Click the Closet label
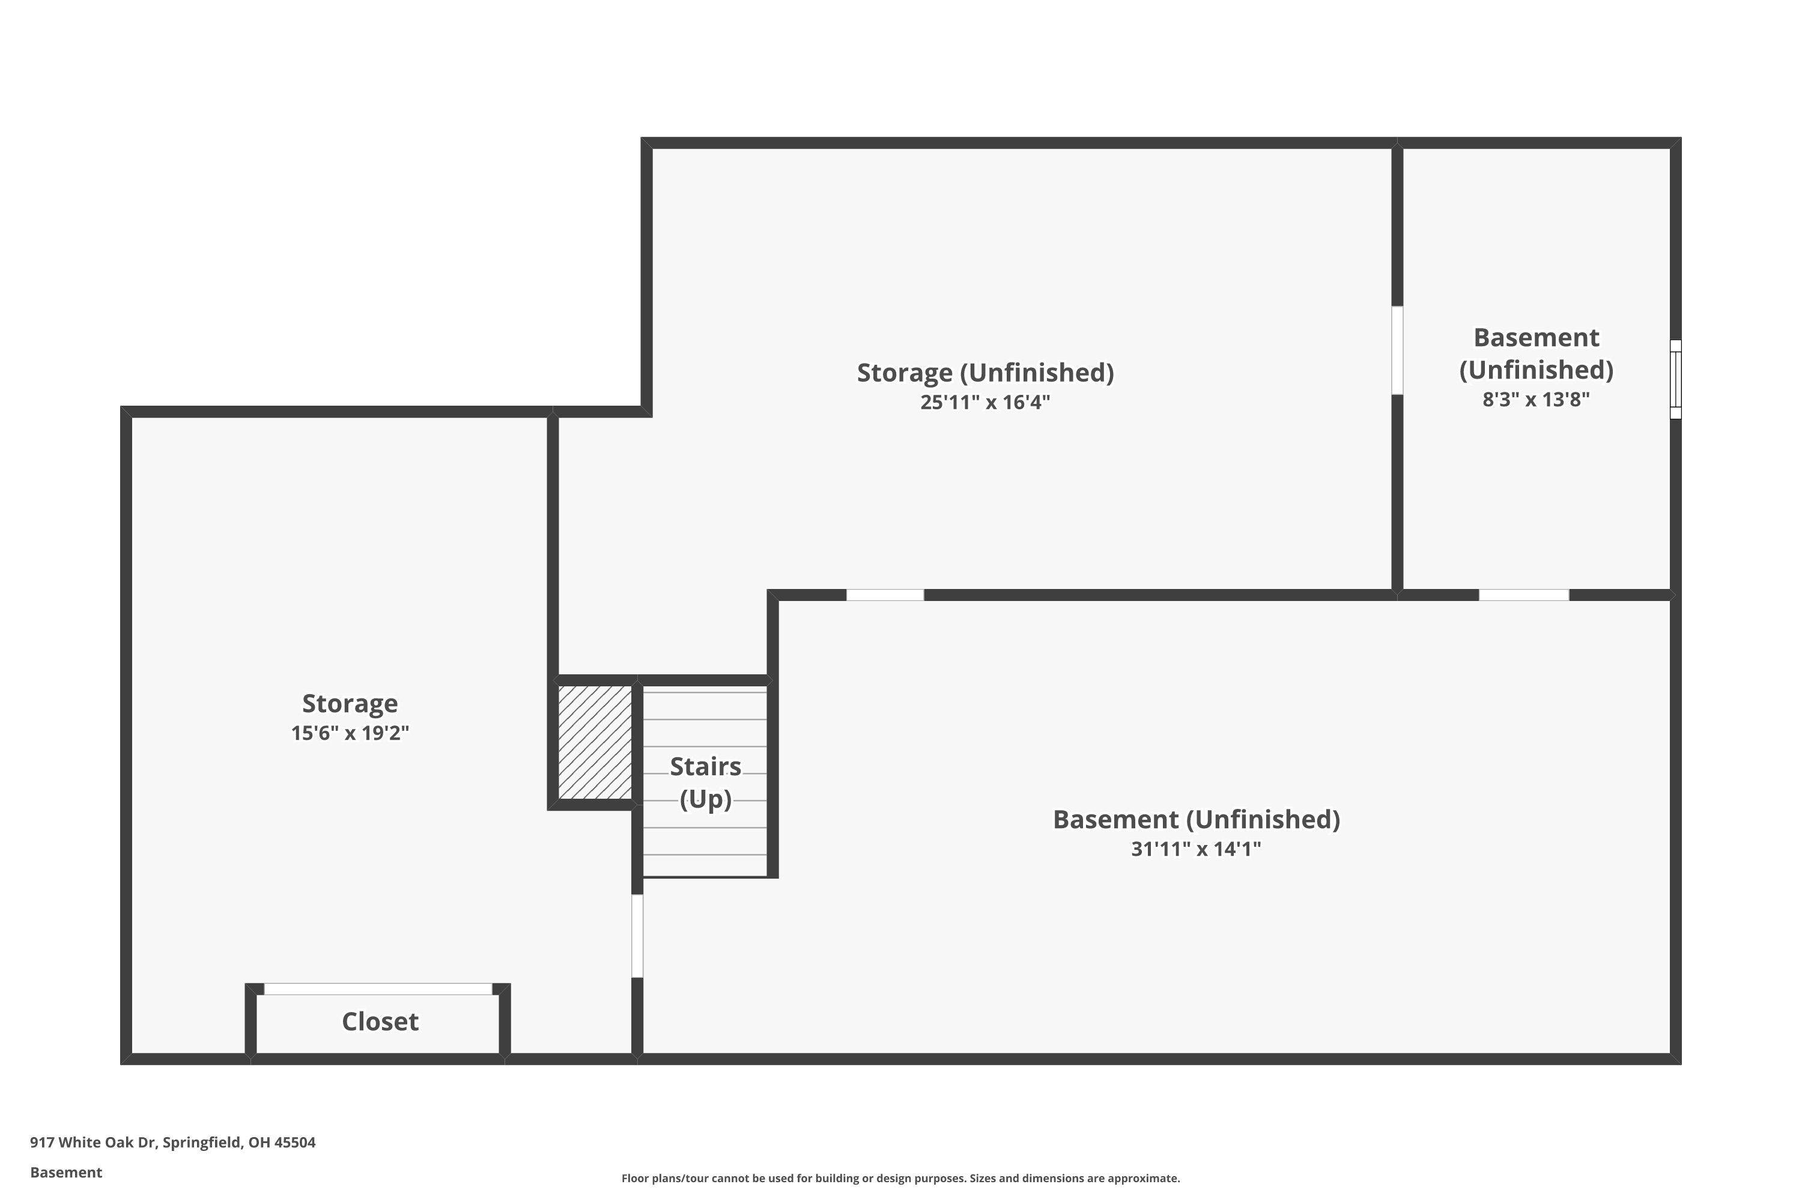pos(380,1021)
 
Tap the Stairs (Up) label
pos(706,782)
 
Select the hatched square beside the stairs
pos(595,743)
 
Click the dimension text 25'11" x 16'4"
pos(985,403)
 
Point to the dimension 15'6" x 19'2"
pos(350,733)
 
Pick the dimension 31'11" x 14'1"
pos(1196,849)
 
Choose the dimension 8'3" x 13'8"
pos(1536,400)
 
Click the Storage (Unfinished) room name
pos(985,373)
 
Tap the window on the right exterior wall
pos(1676,379)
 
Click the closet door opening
pos(378,989)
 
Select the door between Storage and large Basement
pos(637,936)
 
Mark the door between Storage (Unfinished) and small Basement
pos(1398,350)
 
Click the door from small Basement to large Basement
pos(1524,595)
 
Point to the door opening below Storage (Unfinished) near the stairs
pos(885,595)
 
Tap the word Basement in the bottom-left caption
pos(66,1172)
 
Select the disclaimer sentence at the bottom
pos(900,1178)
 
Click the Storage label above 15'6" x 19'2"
pos(350,703)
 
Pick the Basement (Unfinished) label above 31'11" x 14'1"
pos(1196,820)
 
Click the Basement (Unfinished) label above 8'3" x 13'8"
pos(1536,353)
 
